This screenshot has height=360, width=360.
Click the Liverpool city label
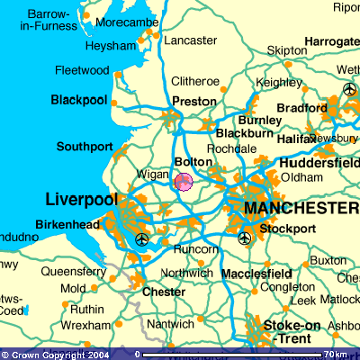(x=80, y=198)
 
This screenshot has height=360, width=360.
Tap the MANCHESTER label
(x=301, y=208)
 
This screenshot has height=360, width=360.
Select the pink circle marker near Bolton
(x=183, y=183)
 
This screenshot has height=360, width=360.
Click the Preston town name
(x=193, y=102)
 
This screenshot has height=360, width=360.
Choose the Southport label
(x=85, y=146)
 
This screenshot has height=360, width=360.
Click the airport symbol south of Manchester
(x=245, y=238)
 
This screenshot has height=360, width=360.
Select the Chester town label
(x=165, y=292)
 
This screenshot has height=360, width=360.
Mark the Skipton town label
(x=286, y=50)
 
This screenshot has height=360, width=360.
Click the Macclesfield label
(x=256, y=273)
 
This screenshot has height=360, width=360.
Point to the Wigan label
(x=152, y=174)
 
